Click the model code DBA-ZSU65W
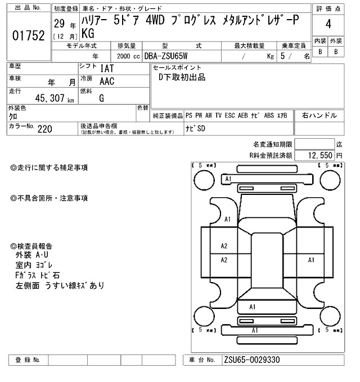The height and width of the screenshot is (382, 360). pyautogui.click(x=167, y=56)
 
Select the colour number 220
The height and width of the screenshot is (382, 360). pyautogui.click(x=45, y=129)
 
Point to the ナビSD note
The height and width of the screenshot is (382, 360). pyautogui.click(x=196, y=129)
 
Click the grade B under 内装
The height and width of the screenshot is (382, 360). pyautogui.click(x=319, y=52)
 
